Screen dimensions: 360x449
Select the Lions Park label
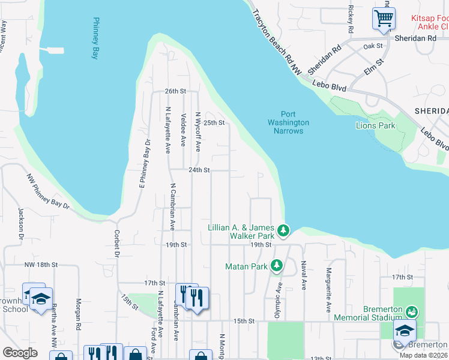pos(376,125)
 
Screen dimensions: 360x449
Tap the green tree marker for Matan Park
pos(276,265)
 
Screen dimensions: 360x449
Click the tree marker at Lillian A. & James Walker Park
pos(283,230)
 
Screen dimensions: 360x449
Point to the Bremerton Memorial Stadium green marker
pos(411,311)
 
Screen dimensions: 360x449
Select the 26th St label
pos(176,91)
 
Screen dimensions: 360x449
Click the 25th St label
pos(213,123)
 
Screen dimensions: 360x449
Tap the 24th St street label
pos(199,170)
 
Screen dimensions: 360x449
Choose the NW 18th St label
pos(42,264)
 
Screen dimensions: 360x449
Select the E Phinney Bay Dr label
pos(143,164)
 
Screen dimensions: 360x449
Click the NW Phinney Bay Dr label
pos(48,191)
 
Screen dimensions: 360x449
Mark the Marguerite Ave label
pos(329,290)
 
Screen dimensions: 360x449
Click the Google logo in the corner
pos(20,352)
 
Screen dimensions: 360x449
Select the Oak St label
pos(373,46)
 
